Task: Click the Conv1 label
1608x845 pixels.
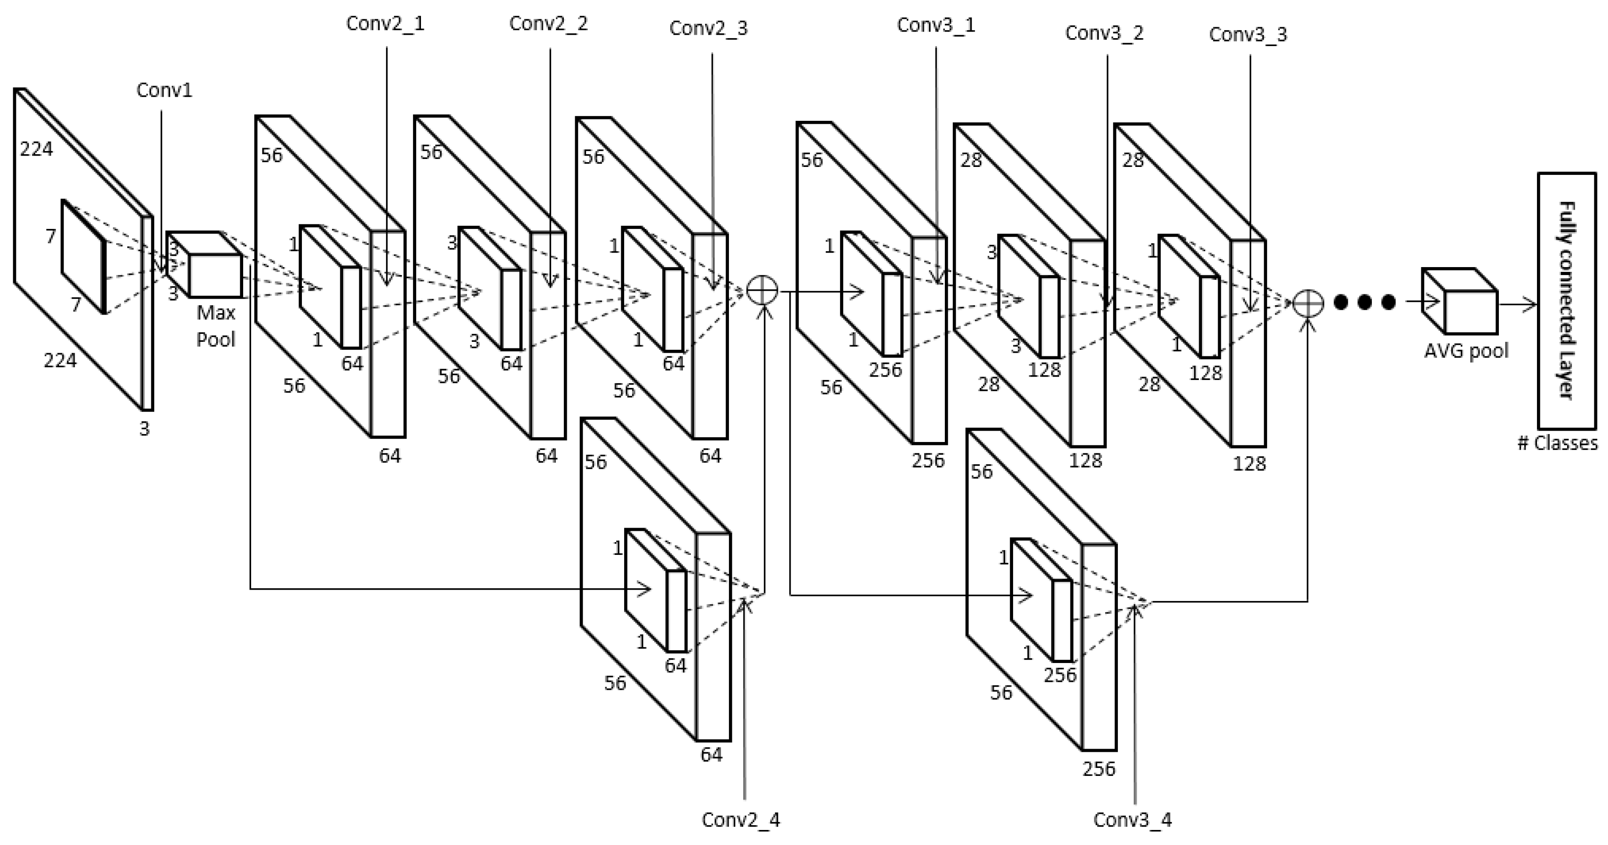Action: (164, 90)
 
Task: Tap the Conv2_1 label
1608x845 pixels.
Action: (385, 24)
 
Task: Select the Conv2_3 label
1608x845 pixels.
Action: (708, 28)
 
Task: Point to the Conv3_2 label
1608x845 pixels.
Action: (1104, 33)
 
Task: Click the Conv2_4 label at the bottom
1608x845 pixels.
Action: (740, 820)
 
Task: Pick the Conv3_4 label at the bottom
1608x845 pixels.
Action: (1133, 820)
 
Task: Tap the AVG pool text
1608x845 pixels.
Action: (1465, 351)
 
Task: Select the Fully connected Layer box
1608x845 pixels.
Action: (1566, 300)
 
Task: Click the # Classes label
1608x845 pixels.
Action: (1557, 443)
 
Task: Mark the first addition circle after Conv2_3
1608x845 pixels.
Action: (762, 291)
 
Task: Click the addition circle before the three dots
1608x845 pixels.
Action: (1307, 303)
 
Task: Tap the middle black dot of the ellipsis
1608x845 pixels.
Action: (1364, 303)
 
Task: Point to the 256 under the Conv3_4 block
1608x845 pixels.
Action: (1098, 769)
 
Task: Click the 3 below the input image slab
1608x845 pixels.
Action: (144, 429)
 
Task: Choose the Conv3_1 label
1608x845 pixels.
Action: (936, 25)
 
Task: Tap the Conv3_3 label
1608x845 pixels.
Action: (1248, 35)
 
